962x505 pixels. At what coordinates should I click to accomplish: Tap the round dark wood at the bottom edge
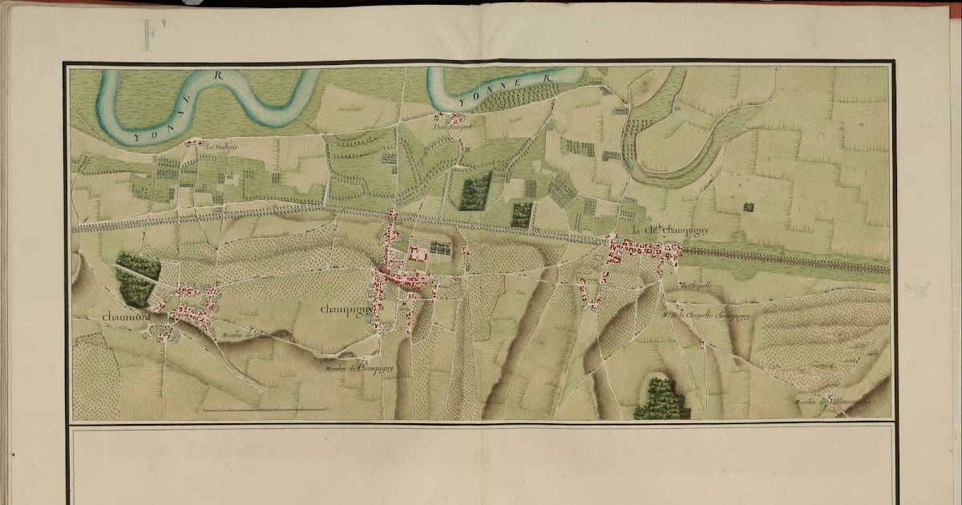point(661,399)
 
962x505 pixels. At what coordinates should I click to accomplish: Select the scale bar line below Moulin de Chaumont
point(264,410)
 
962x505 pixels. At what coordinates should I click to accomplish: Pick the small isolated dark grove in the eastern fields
point(748,207)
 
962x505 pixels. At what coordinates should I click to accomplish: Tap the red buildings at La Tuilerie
point(193,143)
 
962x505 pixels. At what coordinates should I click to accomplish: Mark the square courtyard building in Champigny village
point(417,254)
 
